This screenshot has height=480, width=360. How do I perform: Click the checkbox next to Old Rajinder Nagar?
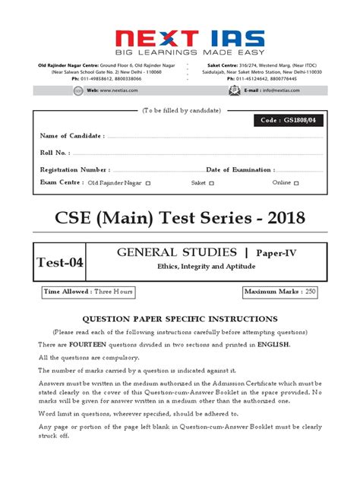click(x=148, y=183)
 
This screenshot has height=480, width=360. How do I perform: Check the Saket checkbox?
click(x=212, y=183)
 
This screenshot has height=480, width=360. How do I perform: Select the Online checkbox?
click(x=297, y=183)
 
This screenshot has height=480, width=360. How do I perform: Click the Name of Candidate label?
click(x=72, y=135)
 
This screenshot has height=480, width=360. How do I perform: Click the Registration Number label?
click(x=75, y=169)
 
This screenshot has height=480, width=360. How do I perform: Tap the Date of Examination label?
click(x=242, y=169)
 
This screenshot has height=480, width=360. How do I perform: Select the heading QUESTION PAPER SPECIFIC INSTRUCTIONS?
click(x=180, y=319)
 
